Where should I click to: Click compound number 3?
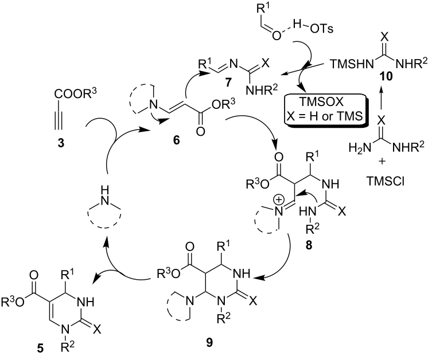click(x=61, y=143)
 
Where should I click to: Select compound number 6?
click(x=176, y=140)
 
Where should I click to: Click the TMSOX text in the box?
click(x=322, y=102)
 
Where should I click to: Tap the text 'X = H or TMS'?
click(x=323, y=116)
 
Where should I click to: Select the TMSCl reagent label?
click(x=385, y=181)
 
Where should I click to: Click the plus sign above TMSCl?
click(x=382, y=162)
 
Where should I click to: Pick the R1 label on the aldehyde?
click(x=262, y=8)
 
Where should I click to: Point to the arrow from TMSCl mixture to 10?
click(x=382, y=98)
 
